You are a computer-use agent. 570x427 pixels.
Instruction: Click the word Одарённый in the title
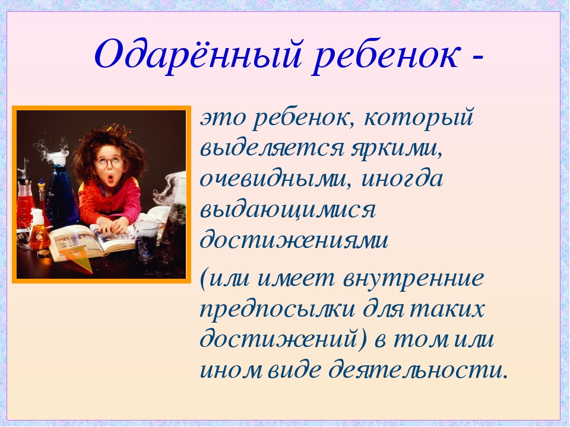[198, 55]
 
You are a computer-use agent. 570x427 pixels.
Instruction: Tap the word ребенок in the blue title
[385, 54]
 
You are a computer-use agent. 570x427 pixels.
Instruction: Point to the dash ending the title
[476, 58]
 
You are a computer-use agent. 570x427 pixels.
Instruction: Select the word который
[418, 119]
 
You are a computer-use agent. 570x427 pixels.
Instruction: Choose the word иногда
[402, 179]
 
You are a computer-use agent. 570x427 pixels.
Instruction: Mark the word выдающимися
[287, 211]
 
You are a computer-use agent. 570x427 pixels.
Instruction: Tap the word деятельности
[417, 369]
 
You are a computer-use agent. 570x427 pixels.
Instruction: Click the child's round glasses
[109, 162]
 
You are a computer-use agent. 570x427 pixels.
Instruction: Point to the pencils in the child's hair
[112, 127]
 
